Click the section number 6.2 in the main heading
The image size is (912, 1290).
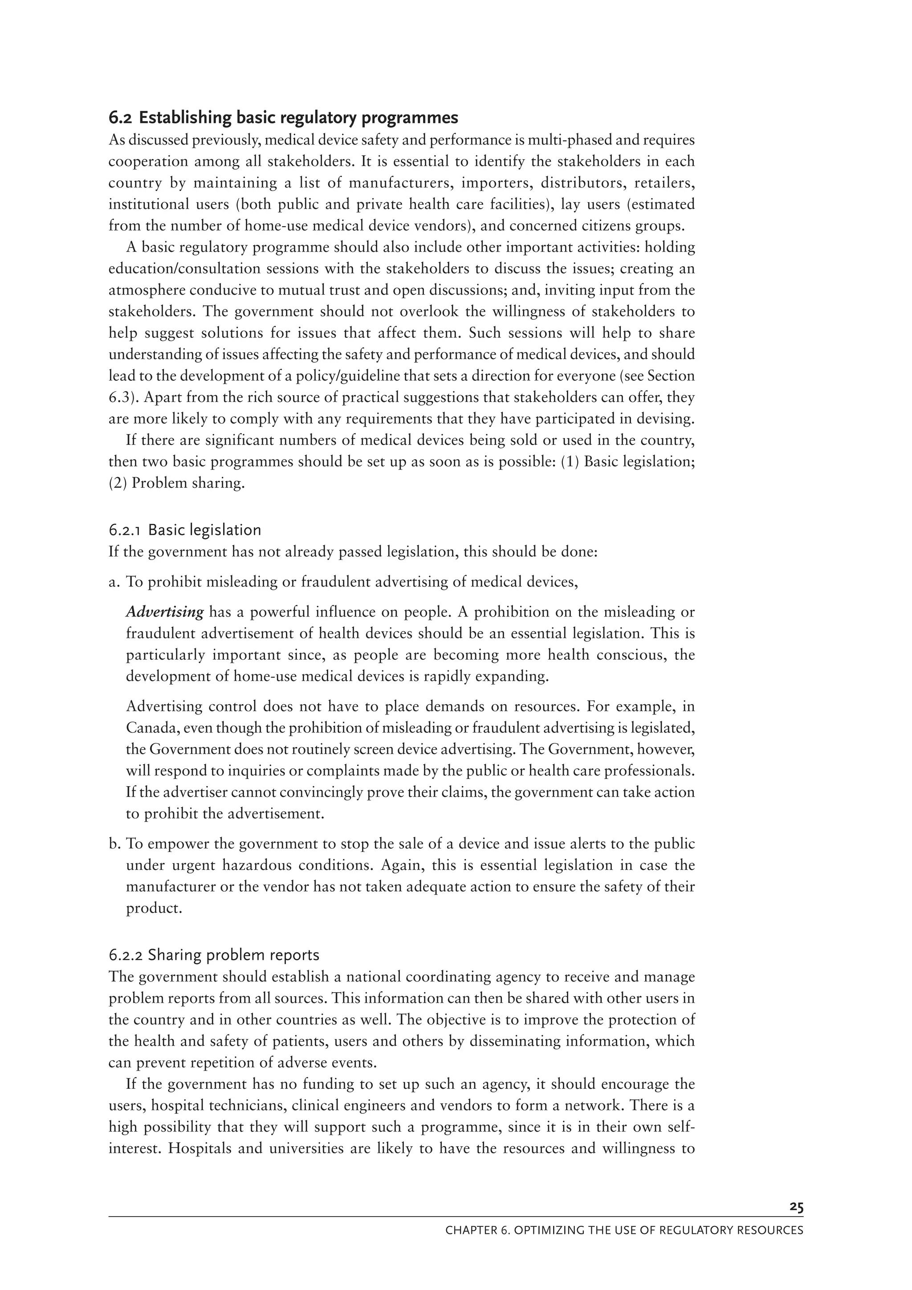click(x=120, y=118)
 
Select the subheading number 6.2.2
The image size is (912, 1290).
click(x=126, y=955)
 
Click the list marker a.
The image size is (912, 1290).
click(x=114, y=581)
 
